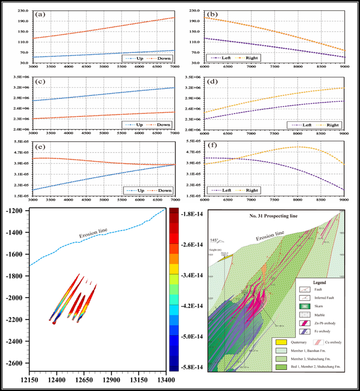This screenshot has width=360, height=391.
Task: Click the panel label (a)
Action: (x=41, y=14)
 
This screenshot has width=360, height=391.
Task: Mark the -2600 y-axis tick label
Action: (x=14, y=363)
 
